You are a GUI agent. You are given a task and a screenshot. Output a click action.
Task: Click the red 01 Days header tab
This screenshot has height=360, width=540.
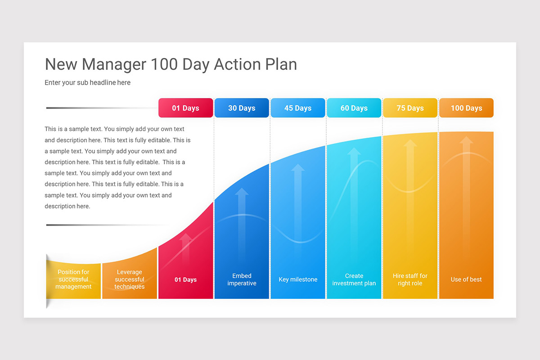pyautogui.click(x=185, y=108)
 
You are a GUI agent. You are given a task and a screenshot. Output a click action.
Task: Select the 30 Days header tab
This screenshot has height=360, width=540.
pyautogui.click(x=242, y=108)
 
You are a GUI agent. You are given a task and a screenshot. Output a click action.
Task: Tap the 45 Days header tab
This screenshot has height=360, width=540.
pyautogui.click(x=298, y=108)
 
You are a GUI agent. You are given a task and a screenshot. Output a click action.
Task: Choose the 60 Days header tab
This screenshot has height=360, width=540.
pyautogui.click(x=354, y=108)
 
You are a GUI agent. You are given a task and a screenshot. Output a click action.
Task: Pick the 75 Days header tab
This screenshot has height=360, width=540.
pyautogui.click(x=410, y=108)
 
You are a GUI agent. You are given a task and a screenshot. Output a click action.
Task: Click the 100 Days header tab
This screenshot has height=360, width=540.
pyautogui.click(x=467, y=108)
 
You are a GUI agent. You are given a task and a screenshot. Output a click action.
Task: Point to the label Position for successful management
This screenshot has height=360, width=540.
pyautogui.click(x=73, y=279)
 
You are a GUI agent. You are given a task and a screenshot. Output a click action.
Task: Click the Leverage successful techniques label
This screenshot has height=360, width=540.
pyautogui.click(x=130, y=279)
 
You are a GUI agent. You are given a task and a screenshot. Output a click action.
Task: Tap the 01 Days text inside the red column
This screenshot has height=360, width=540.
pyautogui.click(x=185, y=279)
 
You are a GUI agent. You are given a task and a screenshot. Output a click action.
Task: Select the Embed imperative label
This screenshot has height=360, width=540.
pyautogui.click(x=242, y=279)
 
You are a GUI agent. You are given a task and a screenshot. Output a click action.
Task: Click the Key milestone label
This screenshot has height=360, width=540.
pyautogui.click(x=298, y=279)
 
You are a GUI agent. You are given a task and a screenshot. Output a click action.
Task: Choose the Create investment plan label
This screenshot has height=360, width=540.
pyautogui.click(x=354, y=279)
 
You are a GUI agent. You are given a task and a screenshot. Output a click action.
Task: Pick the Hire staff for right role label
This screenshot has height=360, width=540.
pyautogui.click(x=410, y=279)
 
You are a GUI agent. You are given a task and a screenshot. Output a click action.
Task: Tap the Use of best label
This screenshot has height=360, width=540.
pyautogui.click(x=466, y=279)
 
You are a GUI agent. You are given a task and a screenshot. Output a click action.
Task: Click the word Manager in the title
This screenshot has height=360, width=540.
pyautogui.click(x=114, y=64)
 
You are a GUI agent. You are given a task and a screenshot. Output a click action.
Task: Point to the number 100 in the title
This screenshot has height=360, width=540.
pyautogui.click(x=164, y=64)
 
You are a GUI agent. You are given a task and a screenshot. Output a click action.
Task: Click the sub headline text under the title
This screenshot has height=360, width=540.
pyautogui.click(x=87, y=82)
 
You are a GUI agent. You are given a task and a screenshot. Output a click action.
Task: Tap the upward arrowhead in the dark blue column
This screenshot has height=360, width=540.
pyautogui.click(x=242, y=191)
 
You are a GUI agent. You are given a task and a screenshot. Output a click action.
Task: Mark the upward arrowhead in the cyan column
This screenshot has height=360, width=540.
pyautogui.click(x=354, y=151)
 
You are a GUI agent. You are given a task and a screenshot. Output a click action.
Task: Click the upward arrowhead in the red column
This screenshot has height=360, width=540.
pyautogui.click(x=185, y=237)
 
